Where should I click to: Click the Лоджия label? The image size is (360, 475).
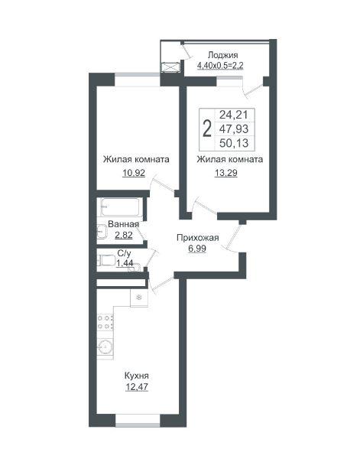tap(222, 55)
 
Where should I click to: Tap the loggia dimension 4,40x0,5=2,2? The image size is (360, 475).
tap(220, 66)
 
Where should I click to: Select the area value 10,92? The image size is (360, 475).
tap(134, 174)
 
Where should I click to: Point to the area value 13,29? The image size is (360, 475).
tap(226, 173)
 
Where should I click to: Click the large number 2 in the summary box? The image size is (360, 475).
tap(207, 129)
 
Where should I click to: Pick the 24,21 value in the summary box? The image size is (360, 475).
tap(233, 115)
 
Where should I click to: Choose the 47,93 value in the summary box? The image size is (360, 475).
tap(234, 129)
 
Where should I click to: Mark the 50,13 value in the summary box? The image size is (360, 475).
tap(234, 143)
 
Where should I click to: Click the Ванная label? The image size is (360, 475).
tap(123, 224)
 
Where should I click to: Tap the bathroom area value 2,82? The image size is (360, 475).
tap(124, 235)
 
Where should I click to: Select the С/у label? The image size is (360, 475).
tap(124, 253)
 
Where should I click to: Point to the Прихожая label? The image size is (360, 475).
tap(198, 238)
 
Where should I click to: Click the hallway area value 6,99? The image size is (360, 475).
tap(197, 249)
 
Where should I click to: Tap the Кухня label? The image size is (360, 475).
tap(137, 376)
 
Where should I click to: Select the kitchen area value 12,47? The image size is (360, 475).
tap(137, 387)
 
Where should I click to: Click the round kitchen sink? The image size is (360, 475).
tap(105, 346)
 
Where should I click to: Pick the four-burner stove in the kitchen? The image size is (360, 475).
tap(105, 322)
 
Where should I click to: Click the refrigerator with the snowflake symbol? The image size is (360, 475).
tap(139, 298)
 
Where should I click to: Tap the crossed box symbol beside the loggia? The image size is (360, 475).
tap(170, 67)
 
